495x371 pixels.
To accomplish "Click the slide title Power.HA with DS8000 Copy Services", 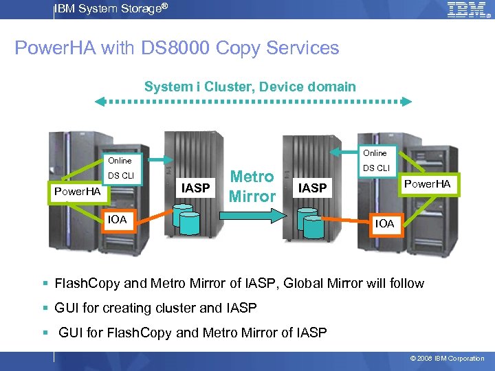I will [x=177, y=48].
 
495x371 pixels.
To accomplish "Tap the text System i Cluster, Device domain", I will [x=250, y=87].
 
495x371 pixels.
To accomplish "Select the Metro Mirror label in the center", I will [x=252, y=186].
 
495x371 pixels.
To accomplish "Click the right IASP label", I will [x=313, y=187].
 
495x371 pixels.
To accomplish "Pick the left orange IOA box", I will [x=117, y=220].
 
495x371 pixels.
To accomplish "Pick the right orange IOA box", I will [x=384, y=223].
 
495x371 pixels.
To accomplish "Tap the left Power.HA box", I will [x=78, y=191].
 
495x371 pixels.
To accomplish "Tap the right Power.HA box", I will [x=427, y=183].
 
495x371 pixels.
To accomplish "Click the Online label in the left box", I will [x=120, y=161].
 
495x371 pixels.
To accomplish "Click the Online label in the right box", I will [x=375, y=153].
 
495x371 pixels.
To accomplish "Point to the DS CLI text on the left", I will [x=121, y=176].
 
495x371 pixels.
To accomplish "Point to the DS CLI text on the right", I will [x=376, y=168].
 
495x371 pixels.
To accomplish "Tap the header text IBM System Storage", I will [x=110, y=8].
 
